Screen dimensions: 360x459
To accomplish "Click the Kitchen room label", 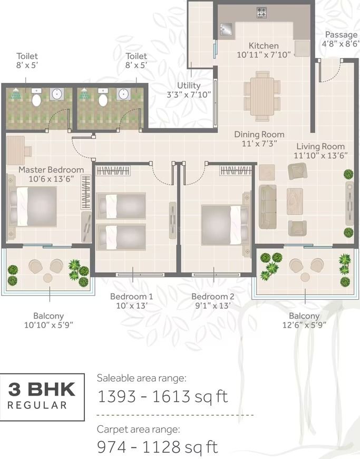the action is click(x=264, y=46).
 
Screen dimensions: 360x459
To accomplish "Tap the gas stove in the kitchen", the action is click(x=261, y=12).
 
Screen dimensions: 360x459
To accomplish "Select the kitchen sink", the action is click(x=226, y=29).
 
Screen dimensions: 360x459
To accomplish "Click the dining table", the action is click(x=262, y=97).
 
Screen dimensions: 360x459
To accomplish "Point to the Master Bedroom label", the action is click(x=51, y=170).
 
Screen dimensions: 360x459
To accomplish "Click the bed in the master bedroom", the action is click(x=33, y=207).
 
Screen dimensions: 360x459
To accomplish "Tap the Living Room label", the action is click(x=320, y=146).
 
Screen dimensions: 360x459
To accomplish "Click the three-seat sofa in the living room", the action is click(x=267, y=207).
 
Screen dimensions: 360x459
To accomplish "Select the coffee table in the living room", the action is click(x=295, y=202).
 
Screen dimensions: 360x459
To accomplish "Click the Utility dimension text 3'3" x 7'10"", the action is click(x=189, y=94).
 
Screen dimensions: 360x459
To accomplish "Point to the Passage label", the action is click(x=341, y=34).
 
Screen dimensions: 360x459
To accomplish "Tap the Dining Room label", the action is click(x=259, y=135).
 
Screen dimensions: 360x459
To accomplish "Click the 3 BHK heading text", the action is click(x=42, y=390).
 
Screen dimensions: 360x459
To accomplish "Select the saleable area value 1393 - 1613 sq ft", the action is click(x=162, y=397).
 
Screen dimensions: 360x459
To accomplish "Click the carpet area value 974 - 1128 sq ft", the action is click(x=158, y=447).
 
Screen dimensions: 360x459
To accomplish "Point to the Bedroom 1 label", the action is click(x=132, y=297).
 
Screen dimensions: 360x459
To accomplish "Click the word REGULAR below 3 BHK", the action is click(x=37, y=405).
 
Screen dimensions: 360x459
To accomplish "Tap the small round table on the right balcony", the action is click(x=305, y=277).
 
